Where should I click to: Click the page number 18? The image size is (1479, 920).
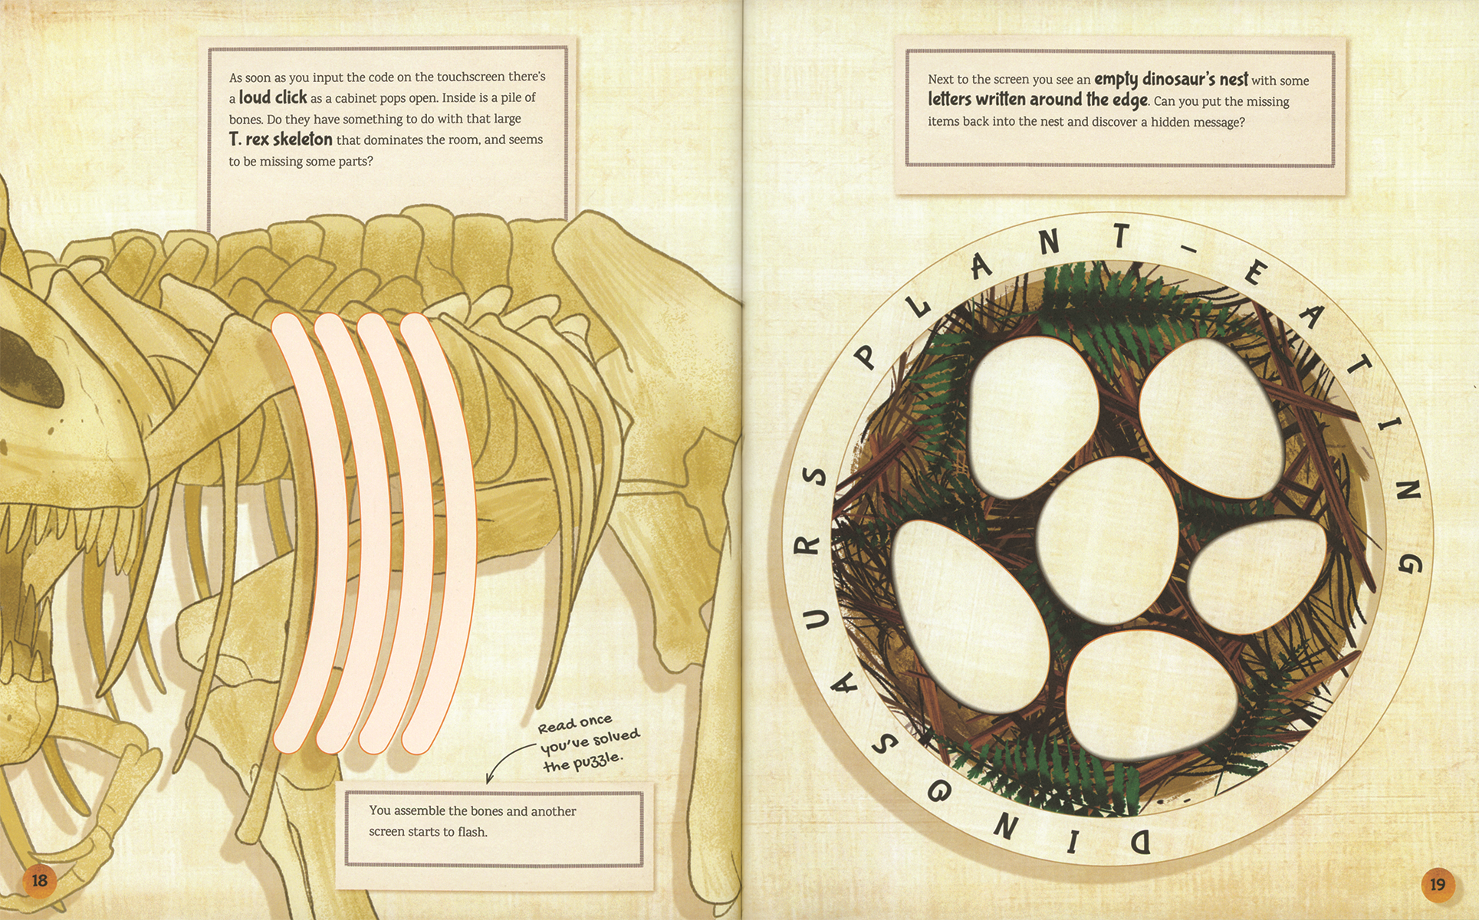[x=39, y=880]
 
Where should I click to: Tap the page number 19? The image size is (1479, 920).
[x=1438, y=885]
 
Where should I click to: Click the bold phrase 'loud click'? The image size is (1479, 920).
[x=272, y=97]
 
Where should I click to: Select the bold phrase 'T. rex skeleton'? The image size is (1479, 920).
[x=281, y=140]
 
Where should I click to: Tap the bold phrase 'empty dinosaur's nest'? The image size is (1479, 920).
[x=1171, y=79]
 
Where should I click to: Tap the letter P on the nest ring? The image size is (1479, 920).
[x=866, y=356]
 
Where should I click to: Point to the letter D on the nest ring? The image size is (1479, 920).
[x=1140, y=842]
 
